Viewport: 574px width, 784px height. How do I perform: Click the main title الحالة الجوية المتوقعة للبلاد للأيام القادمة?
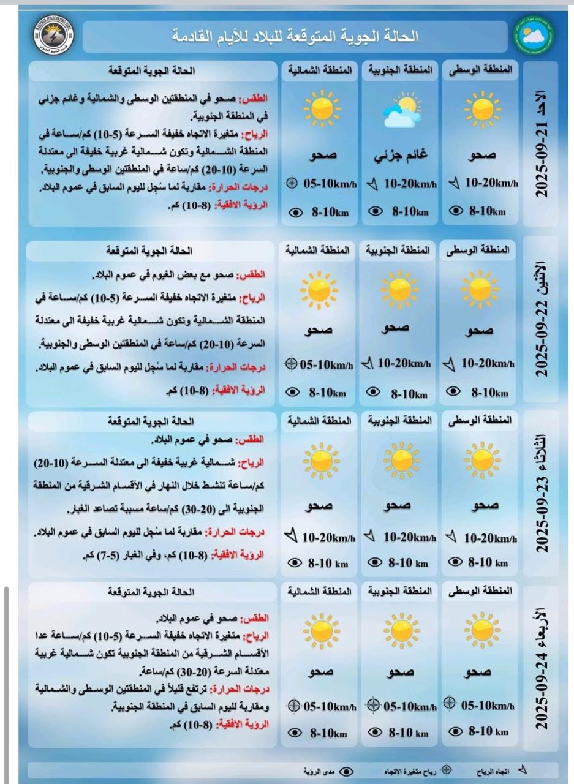point(295,36)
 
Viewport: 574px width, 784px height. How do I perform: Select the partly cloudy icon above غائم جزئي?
point(401,111)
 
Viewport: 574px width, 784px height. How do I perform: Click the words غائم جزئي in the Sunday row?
point(400,156)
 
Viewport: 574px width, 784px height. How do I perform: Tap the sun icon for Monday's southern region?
point(400,287)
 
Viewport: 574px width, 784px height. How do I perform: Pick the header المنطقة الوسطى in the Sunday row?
point(480,70)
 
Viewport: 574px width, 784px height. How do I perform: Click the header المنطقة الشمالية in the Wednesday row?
point(320,591)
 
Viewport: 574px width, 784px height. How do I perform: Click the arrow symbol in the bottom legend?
point(523,770)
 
